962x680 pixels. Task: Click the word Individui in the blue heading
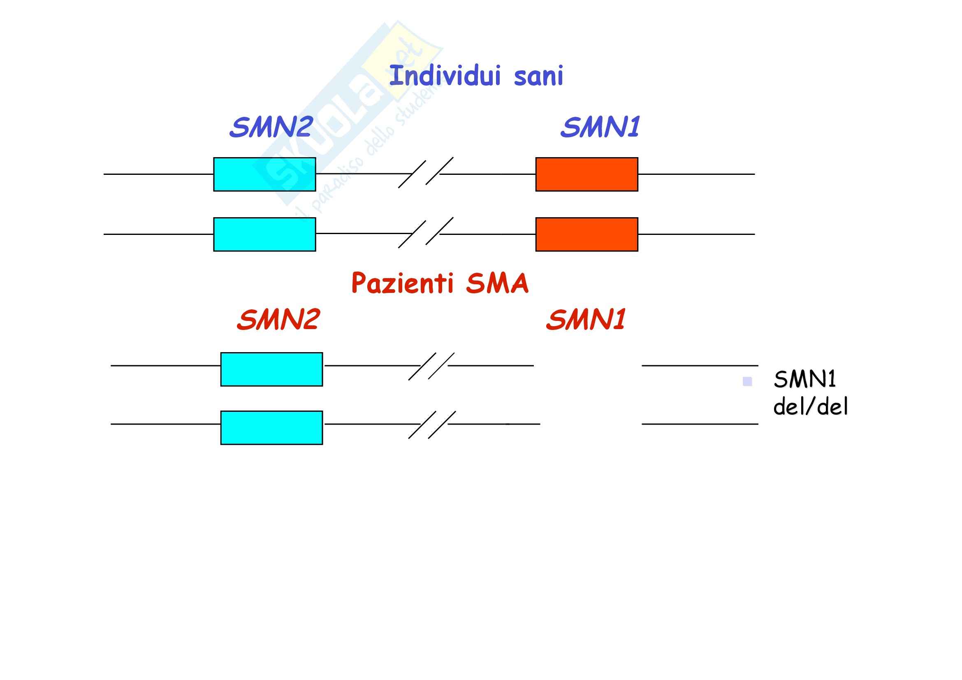(445, 76)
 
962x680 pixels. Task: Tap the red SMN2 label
(278, 320)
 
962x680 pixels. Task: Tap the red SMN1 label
(586, 320)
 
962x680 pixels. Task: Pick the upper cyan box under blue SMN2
(264, 174)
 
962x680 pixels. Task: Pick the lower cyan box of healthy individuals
(264, 234)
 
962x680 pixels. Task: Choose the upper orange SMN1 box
(586, 174)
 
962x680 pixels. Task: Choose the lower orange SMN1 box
(586, 234)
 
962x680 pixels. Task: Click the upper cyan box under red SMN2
(271, 369)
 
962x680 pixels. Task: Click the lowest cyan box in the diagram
(271, 427)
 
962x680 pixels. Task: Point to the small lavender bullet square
(747, 381)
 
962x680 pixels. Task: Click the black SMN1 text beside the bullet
(804, 379)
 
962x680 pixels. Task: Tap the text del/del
(810, 406)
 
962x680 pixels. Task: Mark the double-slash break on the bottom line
(431, 425)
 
